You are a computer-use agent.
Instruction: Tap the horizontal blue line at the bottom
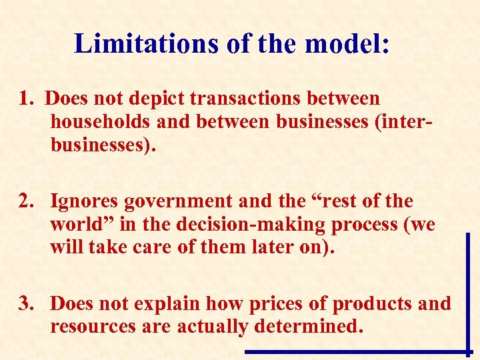pos(353,351)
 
